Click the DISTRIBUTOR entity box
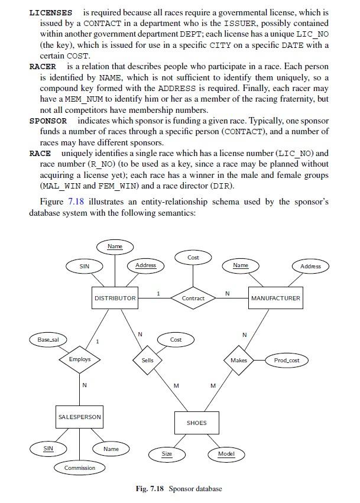click(115, 298)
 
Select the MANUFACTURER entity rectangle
click(275, 298)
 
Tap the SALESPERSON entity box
click(79, 417)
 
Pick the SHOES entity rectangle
click(196, 423)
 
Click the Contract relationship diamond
click(193, 298)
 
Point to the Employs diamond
click(80, 359)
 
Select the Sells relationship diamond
click(147, 360)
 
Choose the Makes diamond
click(239, 360)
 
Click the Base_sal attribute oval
click(48, 340)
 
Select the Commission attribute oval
click(80, 468)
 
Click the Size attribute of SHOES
click(167, 454)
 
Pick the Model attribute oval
click(226, 454)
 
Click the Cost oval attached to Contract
click(193, 258)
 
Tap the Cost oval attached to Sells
click(176, 340)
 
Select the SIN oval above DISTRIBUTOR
click(85, 267)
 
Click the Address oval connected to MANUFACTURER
click(310, 267)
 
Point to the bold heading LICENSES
click(51, 12)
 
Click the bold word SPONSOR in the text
click(48, 121)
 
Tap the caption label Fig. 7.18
click(150, 489)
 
